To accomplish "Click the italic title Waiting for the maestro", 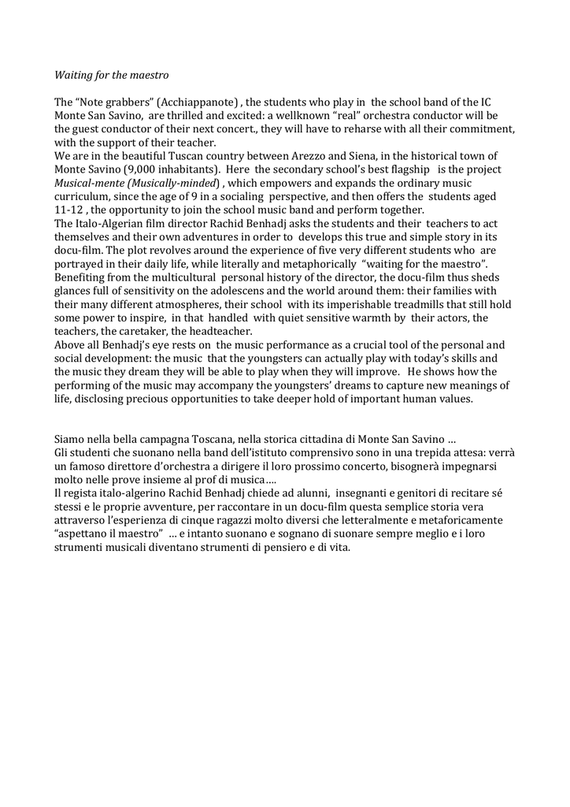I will point(111,76).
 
